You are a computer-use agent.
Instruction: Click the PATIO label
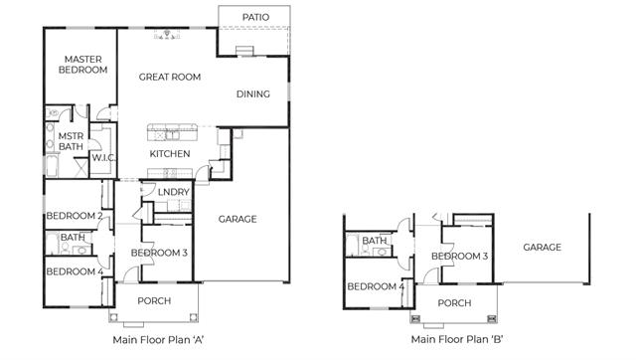[x=255, y=17]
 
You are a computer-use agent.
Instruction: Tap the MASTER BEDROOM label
[x=83, y=65]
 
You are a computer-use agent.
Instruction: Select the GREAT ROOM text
[x=170, y=77]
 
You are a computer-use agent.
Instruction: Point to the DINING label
[x=253, y=94]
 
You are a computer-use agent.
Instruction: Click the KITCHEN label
[x=170, y=154]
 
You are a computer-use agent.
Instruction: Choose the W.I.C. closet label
[x=103, y=157]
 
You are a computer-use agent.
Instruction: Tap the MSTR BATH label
[x=71, y=141]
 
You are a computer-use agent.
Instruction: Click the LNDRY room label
[x=173, y=192]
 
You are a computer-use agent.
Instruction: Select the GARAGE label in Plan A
[x=238, y=219]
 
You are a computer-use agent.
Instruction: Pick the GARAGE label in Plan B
[x=542, y=248]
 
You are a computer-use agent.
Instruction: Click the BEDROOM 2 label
[x=75, y=216]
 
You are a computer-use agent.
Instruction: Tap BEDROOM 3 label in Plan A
[x=159, y=253]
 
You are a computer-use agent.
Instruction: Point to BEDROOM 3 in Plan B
[x=459, y=257]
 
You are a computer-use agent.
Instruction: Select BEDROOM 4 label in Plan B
[x=376, y=286]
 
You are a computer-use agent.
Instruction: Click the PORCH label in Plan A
[x=154, y=301]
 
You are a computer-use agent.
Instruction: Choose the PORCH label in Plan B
[x=454, y=303]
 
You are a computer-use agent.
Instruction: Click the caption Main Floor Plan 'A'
[x=158, y=340]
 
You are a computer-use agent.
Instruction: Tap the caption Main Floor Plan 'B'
[x=457, y=339]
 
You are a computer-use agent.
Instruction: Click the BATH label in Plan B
[x=375, y=241]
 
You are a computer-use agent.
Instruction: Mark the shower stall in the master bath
[x=80, y=167]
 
